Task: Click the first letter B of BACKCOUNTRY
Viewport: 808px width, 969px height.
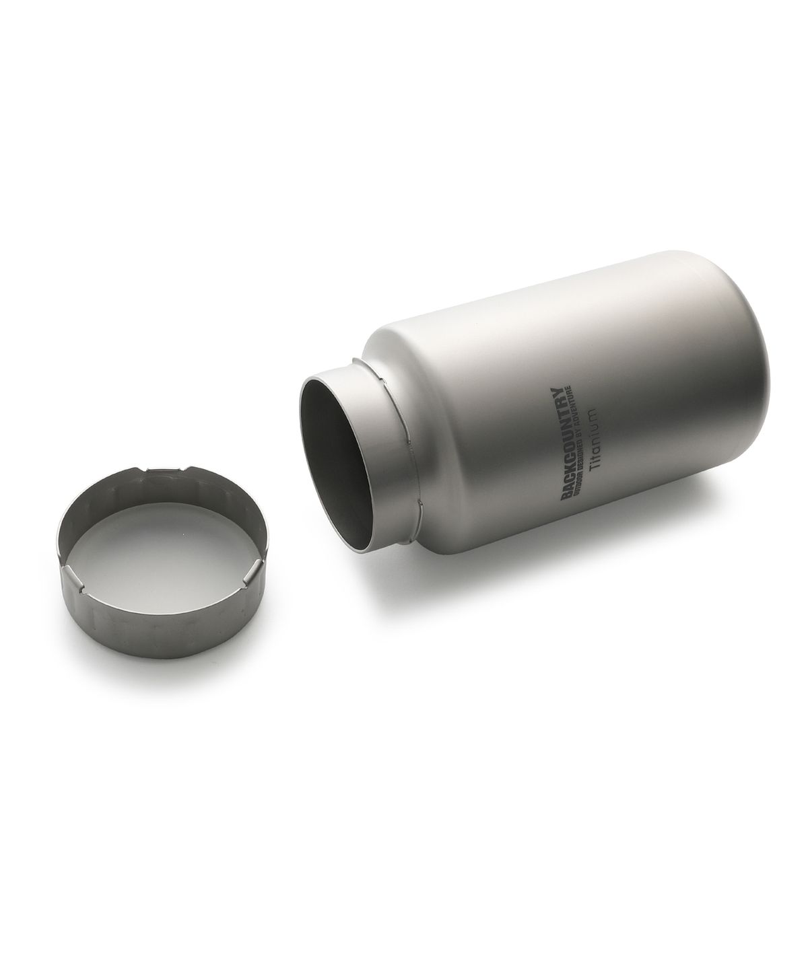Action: coord(562,494)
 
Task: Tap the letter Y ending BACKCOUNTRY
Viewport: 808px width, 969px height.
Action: coord(562,390)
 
